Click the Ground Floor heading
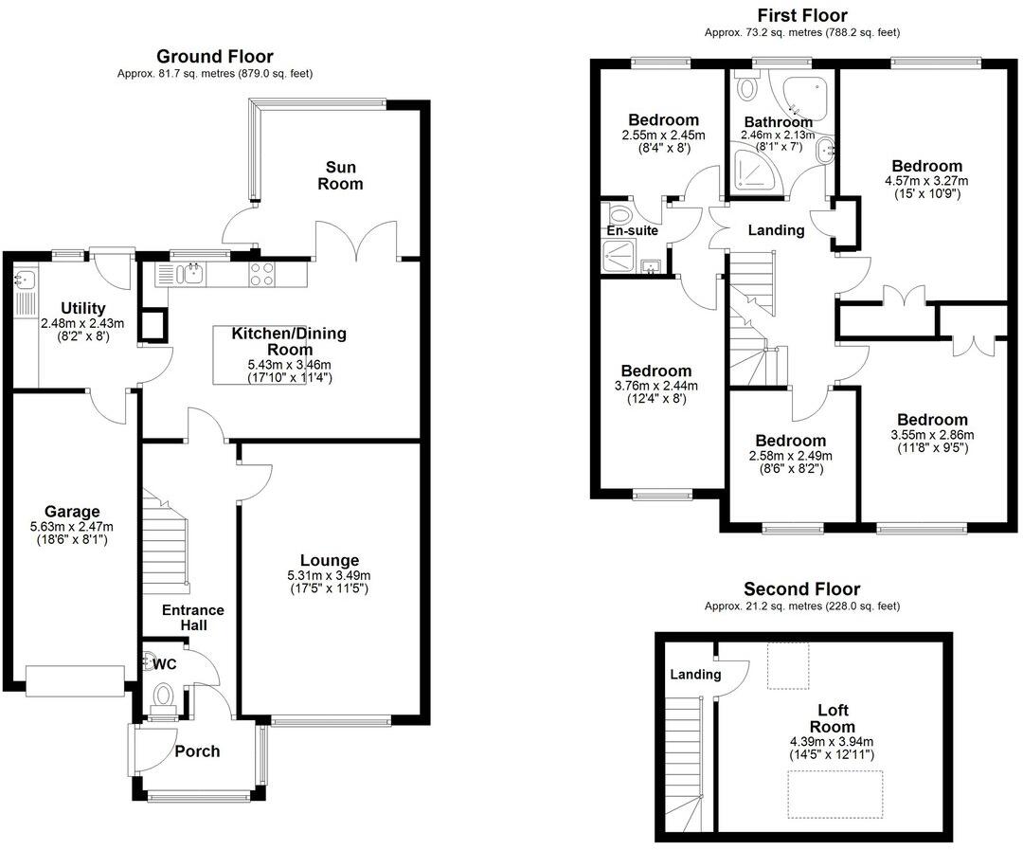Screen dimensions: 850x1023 point(214,56)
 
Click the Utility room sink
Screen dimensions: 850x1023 point(24,280)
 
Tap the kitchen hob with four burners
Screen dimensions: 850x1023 point(261,274)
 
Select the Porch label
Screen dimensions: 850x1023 point(197,751)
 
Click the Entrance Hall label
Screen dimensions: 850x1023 point(192,618)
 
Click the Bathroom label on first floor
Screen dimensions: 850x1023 point(778,122)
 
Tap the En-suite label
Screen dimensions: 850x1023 point(632,230)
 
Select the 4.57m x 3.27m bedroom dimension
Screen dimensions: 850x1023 point(923,181)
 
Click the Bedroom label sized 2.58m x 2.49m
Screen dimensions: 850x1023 point(790,441)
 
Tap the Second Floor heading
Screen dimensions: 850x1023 point(801,589)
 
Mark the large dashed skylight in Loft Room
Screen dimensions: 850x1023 point(835,793)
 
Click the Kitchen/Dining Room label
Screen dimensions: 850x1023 point(289,341)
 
